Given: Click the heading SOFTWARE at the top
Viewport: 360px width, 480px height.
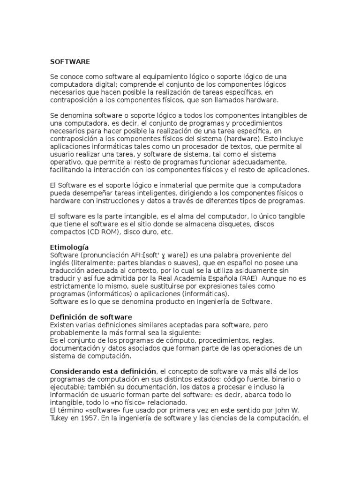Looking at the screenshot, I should coord(70,61).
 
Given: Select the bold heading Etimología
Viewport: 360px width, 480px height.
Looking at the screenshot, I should coord(69,247).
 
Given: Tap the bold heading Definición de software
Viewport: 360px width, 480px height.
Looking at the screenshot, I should coord(91,317).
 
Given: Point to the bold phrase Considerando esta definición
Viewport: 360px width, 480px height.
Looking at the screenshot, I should coord(103,371).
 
